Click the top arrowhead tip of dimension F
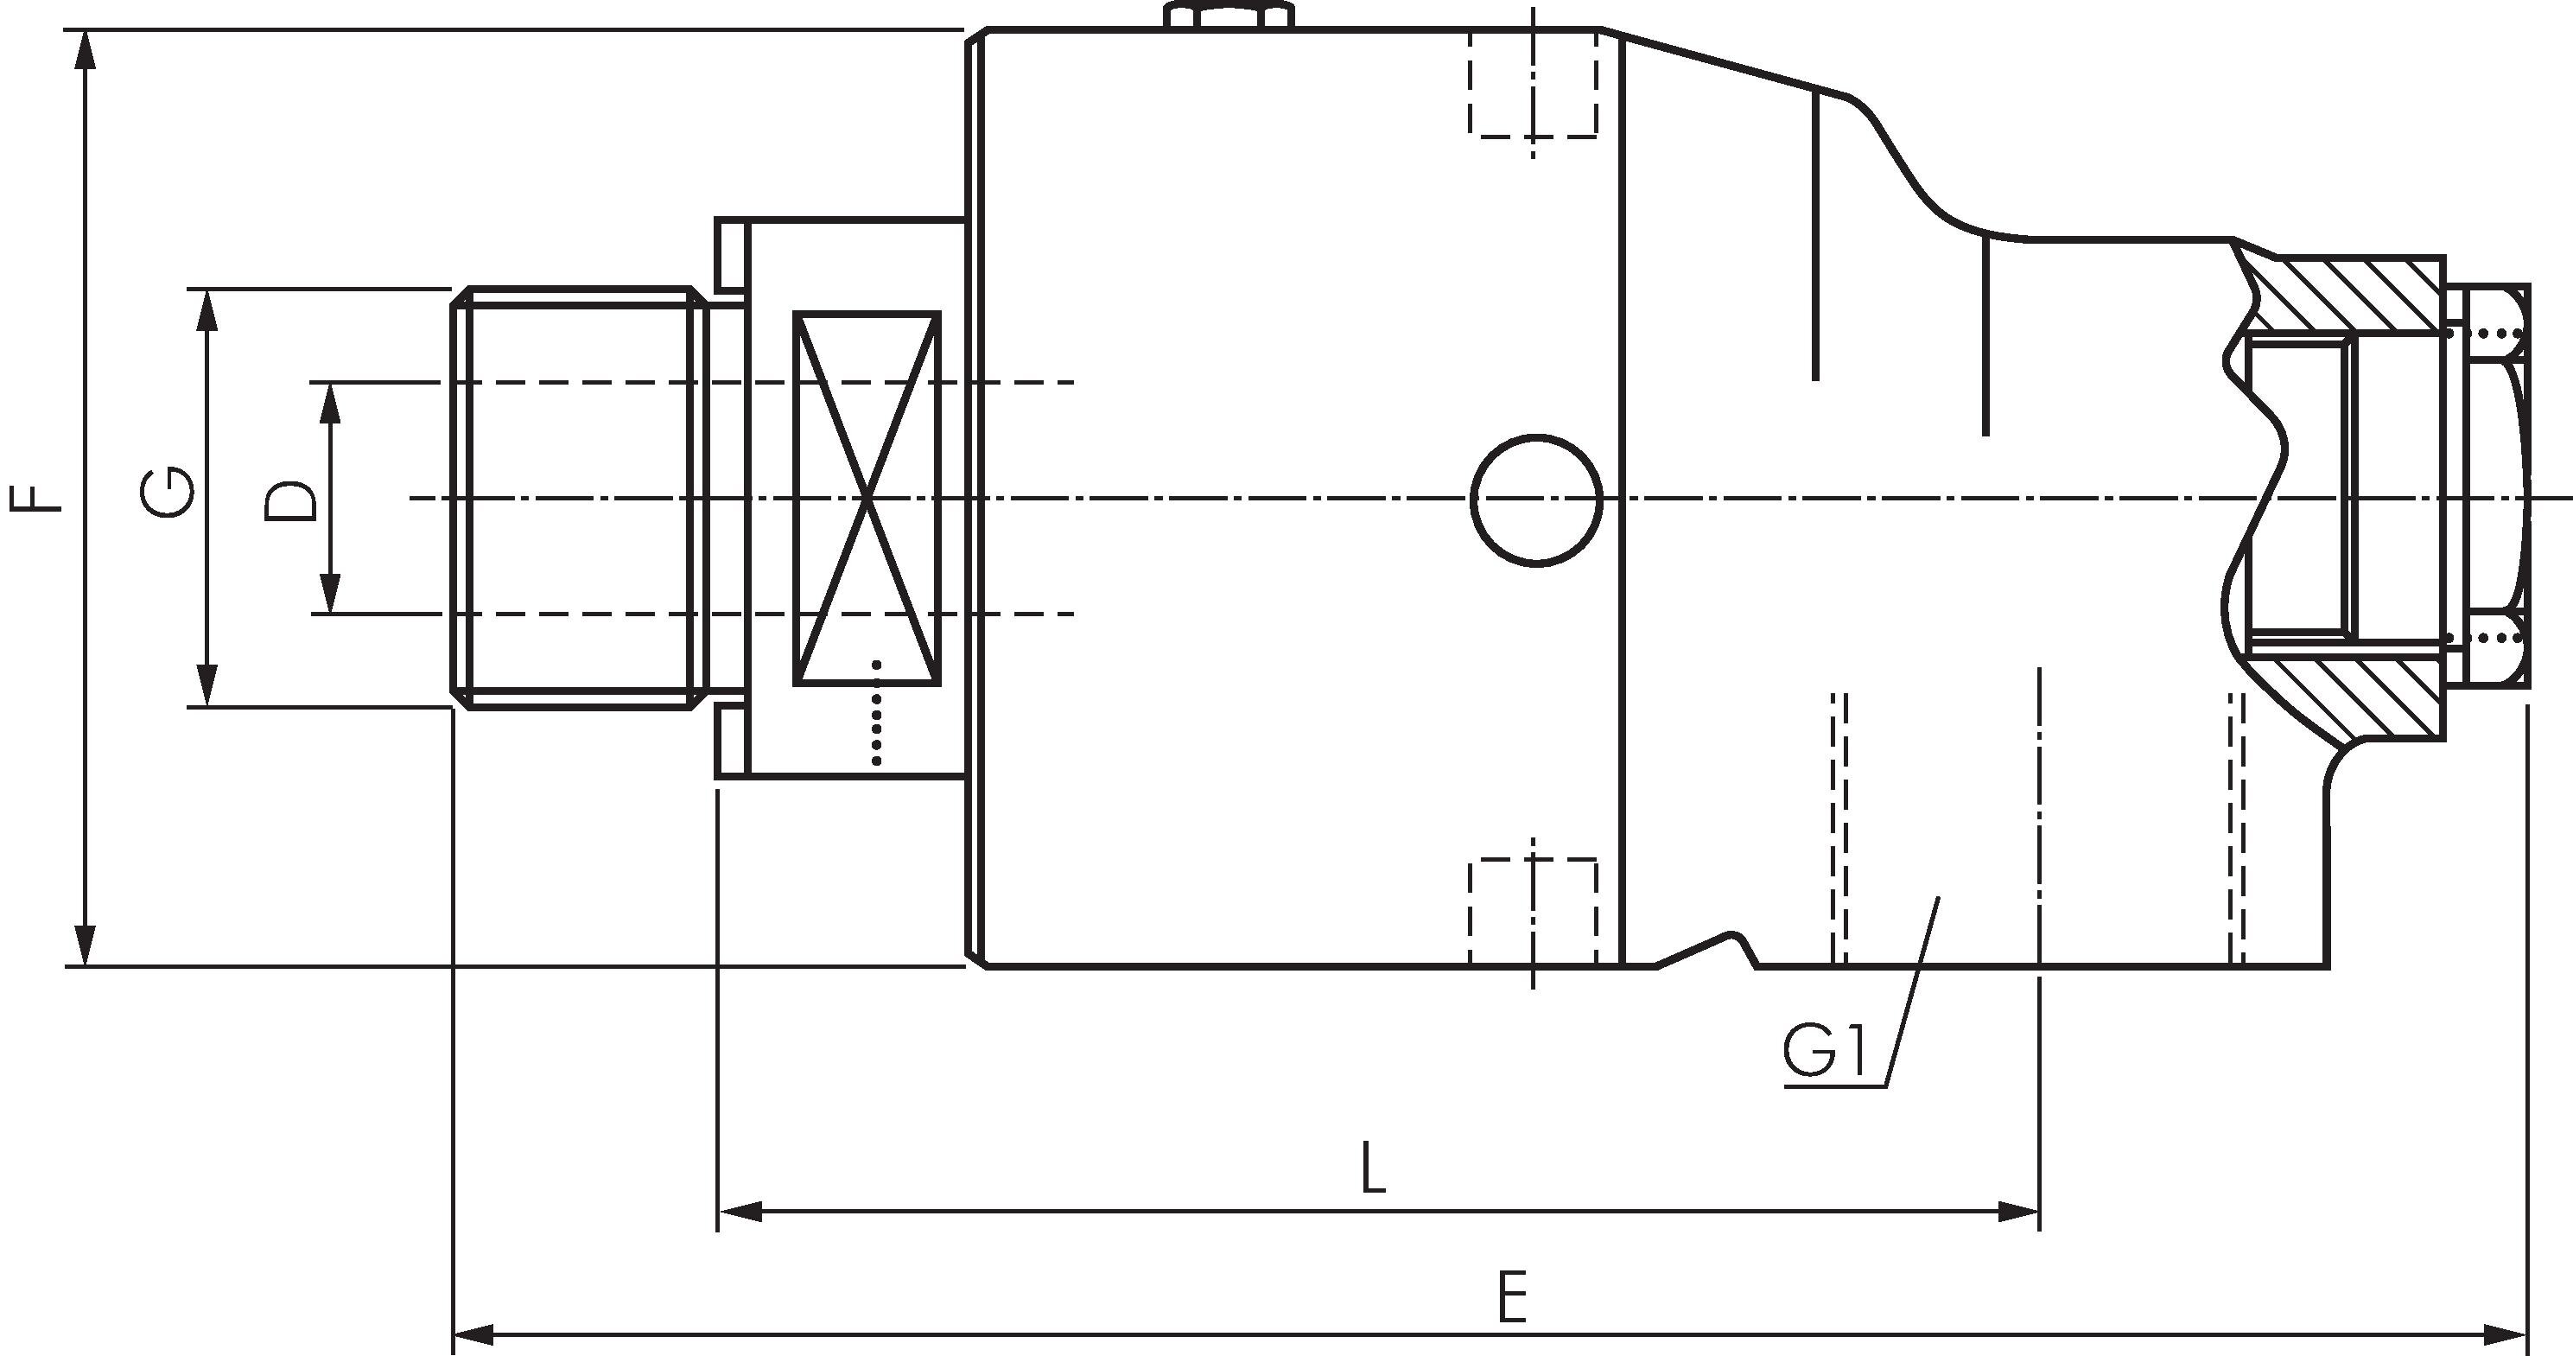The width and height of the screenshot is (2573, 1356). coord(87,32)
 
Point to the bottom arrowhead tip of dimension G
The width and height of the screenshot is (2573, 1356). coord(207,705)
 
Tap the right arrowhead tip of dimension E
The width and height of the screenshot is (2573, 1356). coord(2527,1334)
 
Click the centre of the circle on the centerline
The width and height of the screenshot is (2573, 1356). coord(1536,500)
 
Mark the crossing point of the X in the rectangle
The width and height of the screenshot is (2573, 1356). coord(866,499)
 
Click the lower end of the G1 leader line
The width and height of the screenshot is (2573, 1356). coord(1887,1085)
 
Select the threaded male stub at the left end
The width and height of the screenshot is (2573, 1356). coord(580,499)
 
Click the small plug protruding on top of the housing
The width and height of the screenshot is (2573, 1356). coord(1229,15)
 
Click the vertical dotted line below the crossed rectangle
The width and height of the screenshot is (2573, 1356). coord(876,712)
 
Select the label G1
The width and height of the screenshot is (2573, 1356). coord(1825,1054)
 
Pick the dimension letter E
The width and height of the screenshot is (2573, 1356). coord(1513,1297)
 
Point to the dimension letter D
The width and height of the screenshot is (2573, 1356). coord(290,500)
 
